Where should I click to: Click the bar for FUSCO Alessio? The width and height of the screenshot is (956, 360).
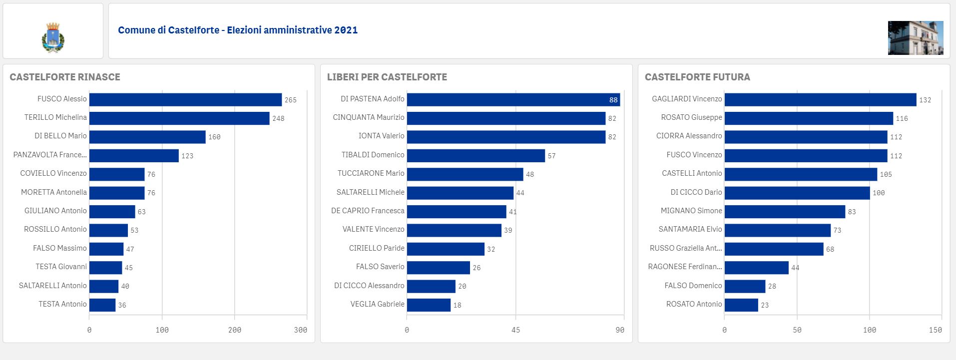point(185,99)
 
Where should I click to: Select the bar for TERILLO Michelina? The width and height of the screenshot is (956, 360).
point(179,118)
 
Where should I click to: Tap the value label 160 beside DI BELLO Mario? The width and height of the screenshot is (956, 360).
point(214,137)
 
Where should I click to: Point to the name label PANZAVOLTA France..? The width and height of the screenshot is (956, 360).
point(50,155)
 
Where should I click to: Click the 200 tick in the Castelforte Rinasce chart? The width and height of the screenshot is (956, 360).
point(234,330)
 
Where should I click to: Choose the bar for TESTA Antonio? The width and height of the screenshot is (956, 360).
point(102,305)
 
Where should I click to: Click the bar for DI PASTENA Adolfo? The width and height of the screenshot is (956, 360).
point(513,99)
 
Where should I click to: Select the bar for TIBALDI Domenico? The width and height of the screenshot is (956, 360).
point(476,155)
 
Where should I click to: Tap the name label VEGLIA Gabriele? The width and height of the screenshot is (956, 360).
point(378,304)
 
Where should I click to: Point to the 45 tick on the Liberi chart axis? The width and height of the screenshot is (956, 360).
point(515,330)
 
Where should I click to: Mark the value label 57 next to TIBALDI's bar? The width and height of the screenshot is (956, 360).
point(551,156)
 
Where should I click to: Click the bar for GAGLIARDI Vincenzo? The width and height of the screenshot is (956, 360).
point(821,99)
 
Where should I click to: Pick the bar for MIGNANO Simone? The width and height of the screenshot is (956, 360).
point(785,212)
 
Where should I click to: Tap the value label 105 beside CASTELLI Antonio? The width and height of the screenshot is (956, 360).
point(886,174)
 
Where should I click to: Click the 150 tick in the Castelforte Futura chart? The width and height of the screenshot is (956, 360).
point(935,330)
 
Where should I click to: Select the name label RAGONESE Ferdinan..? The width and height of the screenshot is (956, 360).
point(685,267)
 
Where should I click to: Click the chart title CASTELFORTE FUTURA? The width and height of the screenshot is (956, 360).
point(697,77)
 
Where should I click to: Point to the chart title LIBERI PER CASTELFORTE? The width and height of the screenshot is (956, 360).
point(387,77)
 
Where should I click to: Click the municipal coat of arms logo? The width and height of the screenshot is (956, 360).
point(53,37)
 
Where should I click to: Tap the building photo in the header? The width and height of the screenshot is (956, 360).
point(916,38)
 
